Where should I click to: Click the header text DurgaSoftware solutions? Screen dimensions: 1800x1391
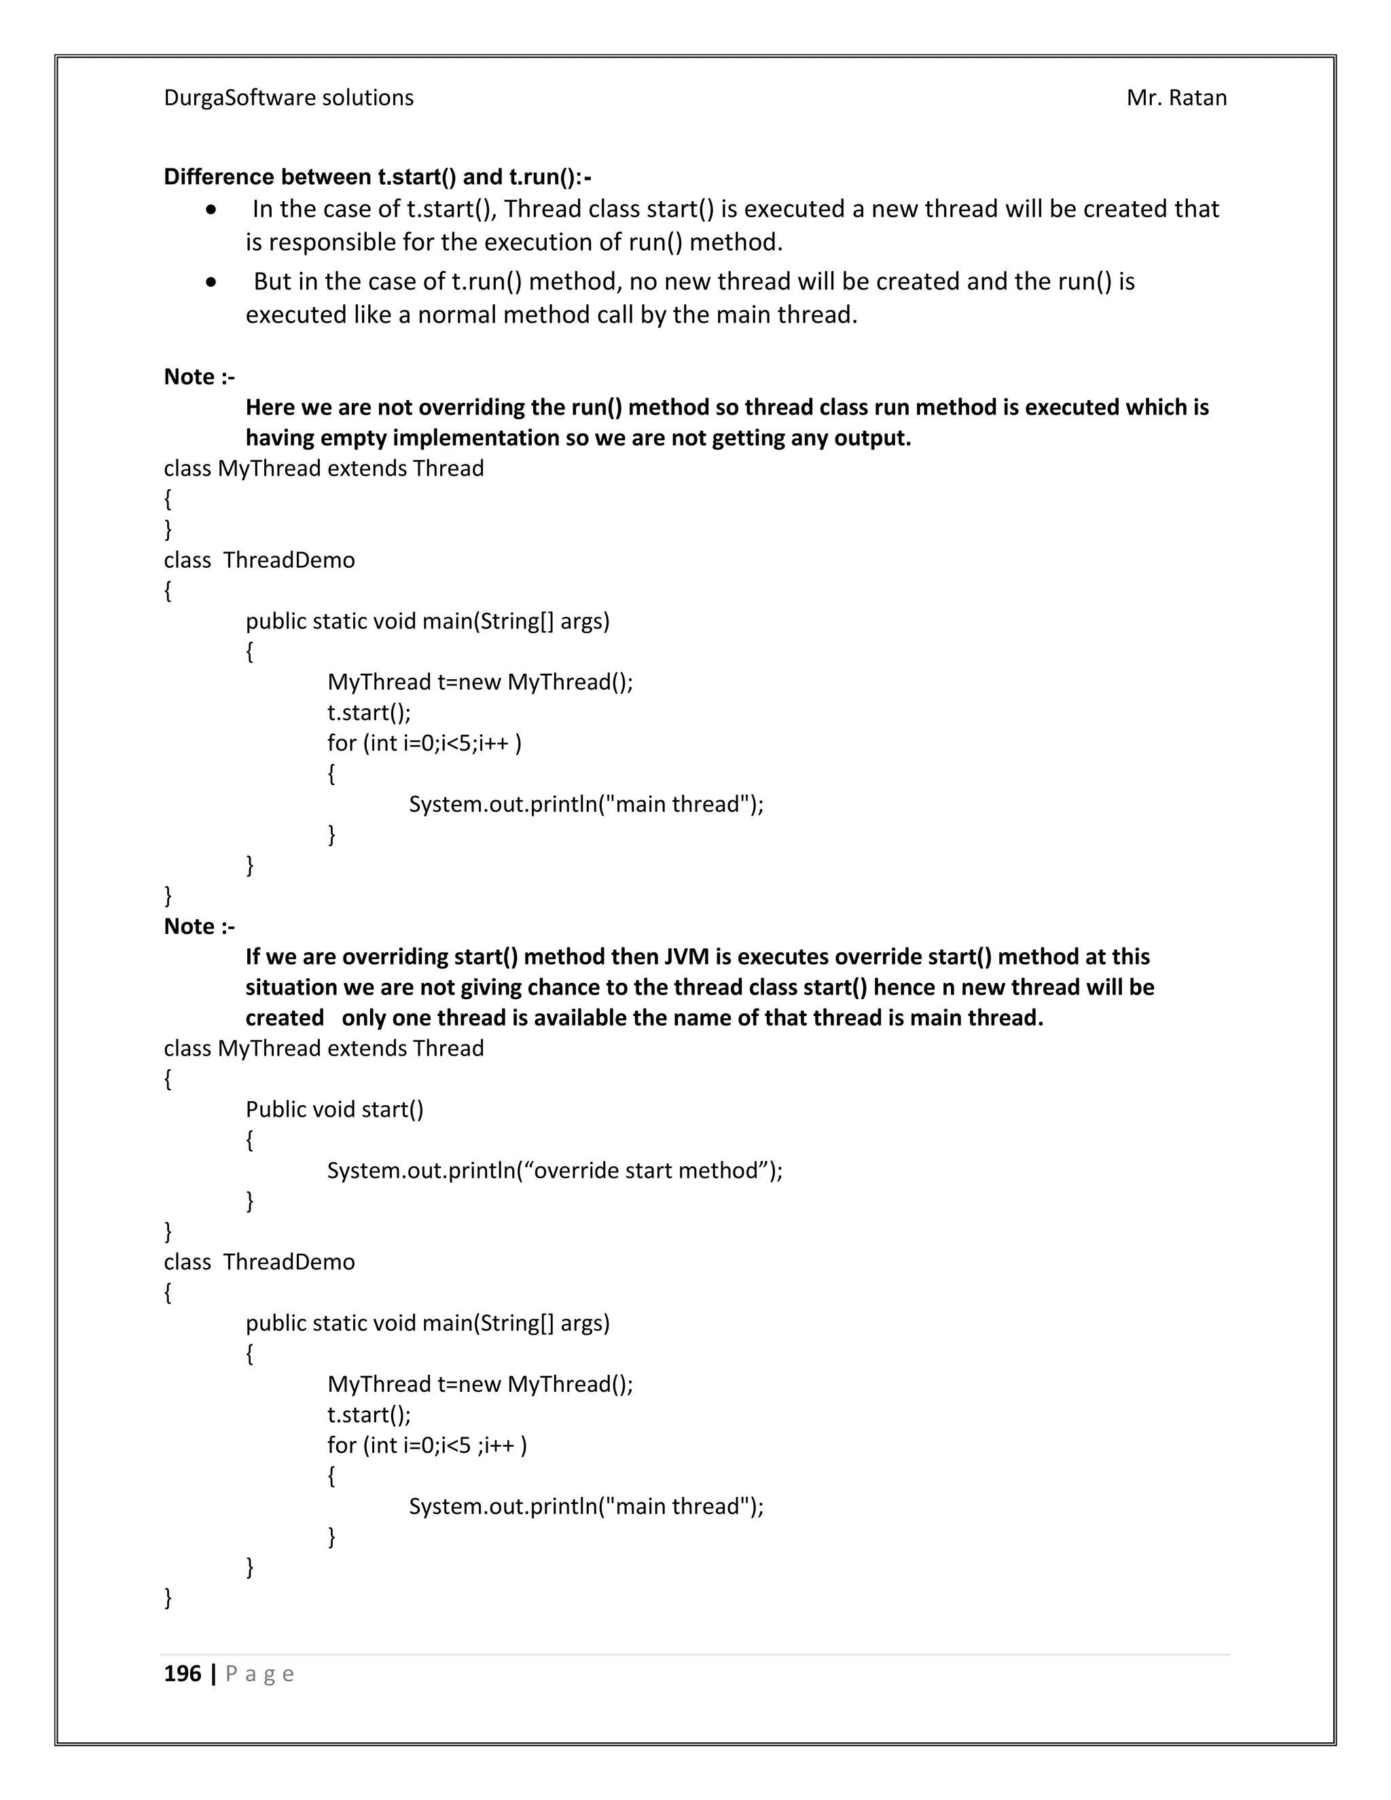click(x=289, y=98)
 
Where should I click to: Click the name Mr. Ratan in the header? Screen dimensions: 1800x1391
click(x=1176, y=98)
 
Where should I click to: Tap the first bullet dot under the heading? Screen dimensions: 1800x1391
click(x=213, y=210)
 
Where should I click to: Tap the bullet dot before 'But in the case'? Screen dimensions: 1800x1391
click(x=213, y=283)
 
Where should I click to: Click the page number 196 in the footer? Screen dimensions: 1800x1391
click(x=182, y=1673)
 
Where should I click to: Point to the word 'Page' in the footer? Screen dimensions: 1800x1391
click(x=259, y=1674)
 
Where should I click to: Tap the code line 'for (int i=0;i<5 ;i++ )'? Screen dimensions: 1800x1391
click(x=427, y=1445)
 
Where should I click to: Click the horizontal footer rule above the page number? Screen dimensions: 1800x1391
click(x=695, y=1654)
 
